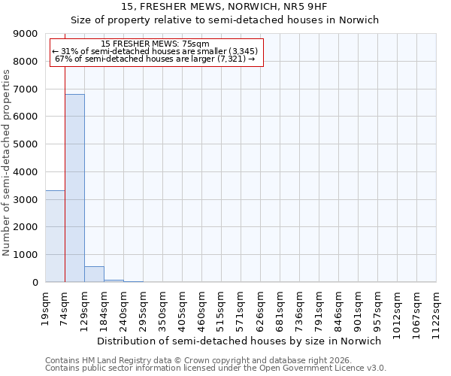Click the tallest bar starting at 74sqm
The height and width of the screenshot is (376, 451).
point(74,188)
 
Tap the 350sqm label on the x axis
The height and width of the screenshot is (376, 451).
point(163,308)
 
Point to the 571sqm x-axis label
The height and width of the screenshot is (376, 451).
point(241,308)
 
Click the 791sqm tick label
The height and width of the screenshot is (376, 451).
point(319,308)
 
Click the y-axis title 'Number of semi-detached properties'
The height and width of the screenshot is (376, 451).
point(7,162)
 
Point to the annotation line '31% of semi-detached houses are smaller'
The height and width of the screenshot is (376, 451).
point(156,51)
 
